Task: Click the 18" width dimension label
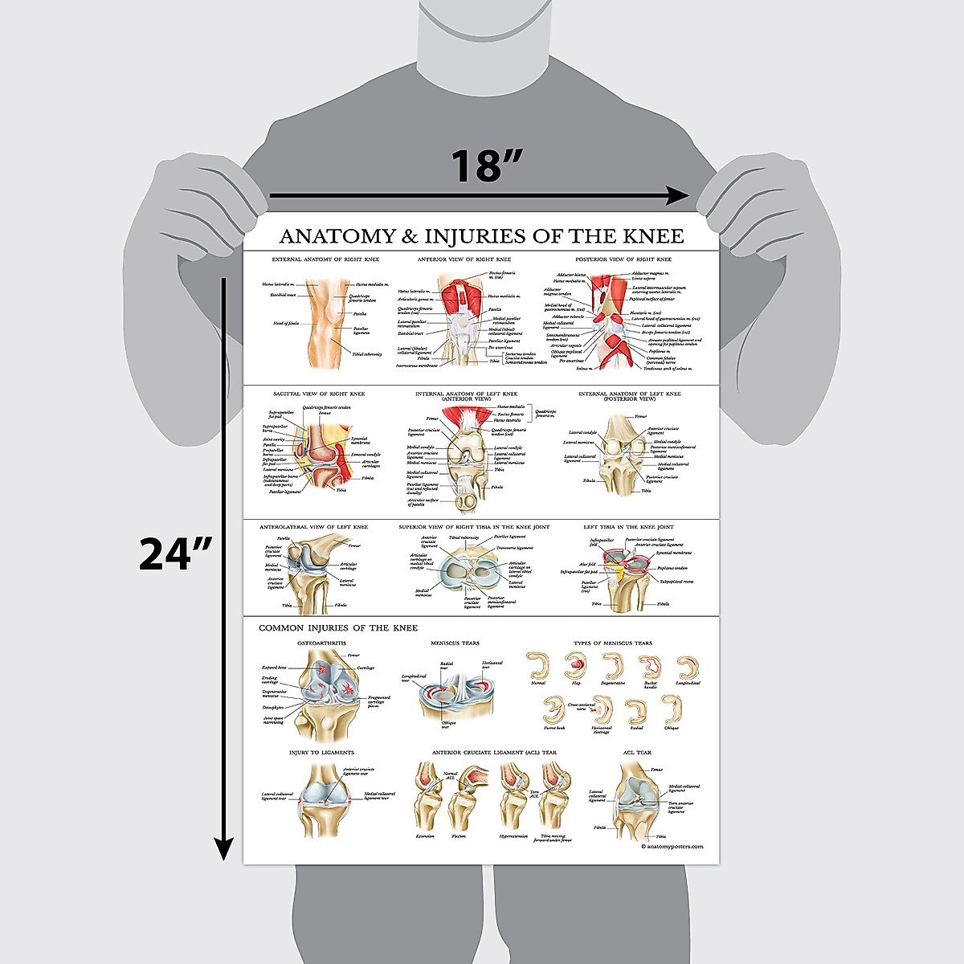486,166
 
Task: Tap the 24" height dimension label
175,553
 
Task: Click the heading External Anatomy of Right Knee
325,259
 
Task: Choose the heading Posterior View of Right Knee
623,259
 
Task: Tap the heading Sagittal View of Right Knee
319,394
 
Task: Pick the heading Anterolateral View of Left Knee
313,527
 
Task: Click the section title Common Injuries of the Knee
338,628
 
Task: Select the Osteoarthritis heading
322,643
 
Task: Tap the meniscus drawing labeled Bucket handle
650,667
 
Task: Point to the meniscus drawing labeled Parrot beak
553,709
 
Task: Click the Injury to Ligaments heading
321,753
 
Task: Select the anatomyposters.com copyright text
672,846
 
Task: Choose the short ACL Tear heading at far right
637,753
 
